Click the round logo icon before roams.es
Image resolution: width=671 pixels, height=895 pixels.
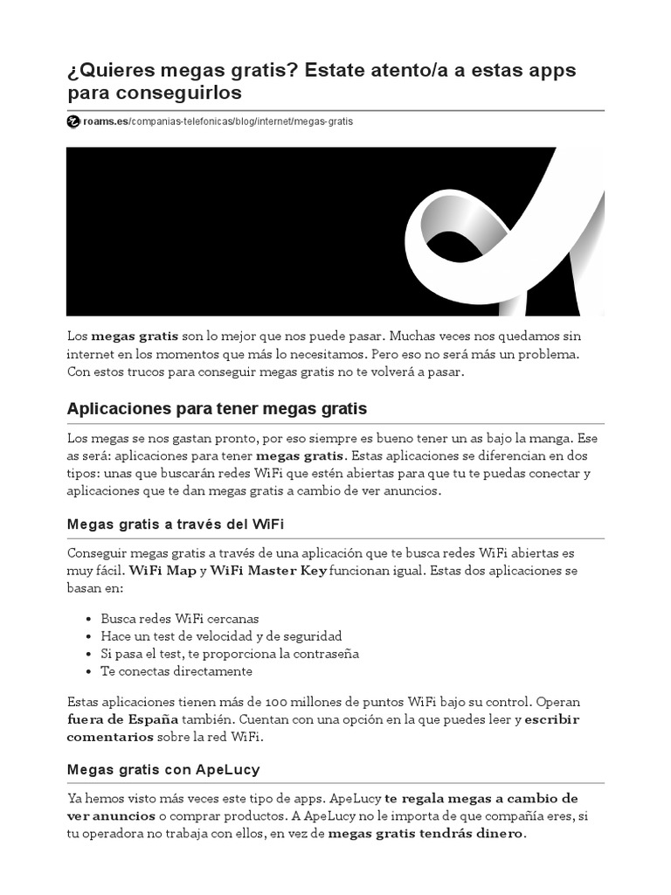(x=73, y=121)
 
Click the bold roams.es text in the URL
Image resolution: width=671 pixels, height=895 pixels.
(x=104, y=121)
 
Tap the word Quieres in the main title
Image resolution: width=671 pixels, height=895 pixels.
(x=119, y=70)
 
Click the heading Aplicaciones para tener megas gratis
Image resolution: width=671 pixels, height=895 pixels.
(x=218, y=409)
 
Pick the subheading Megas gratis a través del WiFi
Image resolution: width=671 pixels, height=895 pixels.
(x=176, y=524)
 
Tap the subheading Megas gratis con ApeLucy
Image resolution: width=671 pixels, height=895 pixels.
(x=163, y=770)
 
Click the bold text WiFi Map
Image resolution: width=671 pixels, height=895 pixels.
(x=162, y=571)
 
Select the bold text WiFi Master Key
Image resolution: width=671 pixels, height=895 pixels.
(x=268, y=571)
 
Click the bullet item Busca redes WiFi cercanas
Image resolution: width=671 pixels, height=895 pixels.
(x=179, y=619)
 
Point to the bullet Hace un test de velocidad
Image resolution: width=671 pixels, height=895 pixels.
(x=221, y=636)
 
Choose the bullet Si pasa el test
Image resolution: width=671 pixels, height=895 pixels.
(x=230, y=654)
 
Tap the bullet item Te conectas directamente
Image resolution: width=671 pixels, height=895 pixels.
(x=176, y=671)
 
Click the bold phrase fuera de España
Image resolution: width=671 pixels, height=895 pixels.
(x=121, y=719)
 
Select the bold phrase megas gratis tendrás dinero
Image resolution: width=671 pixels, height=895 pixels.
(x=426, y=834)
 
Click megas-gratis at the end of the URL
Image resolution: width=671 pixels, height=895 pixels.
(x=324, y=121)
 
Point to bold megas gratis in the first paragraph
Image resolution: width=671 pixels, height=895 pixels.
(x=135, y=336)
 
